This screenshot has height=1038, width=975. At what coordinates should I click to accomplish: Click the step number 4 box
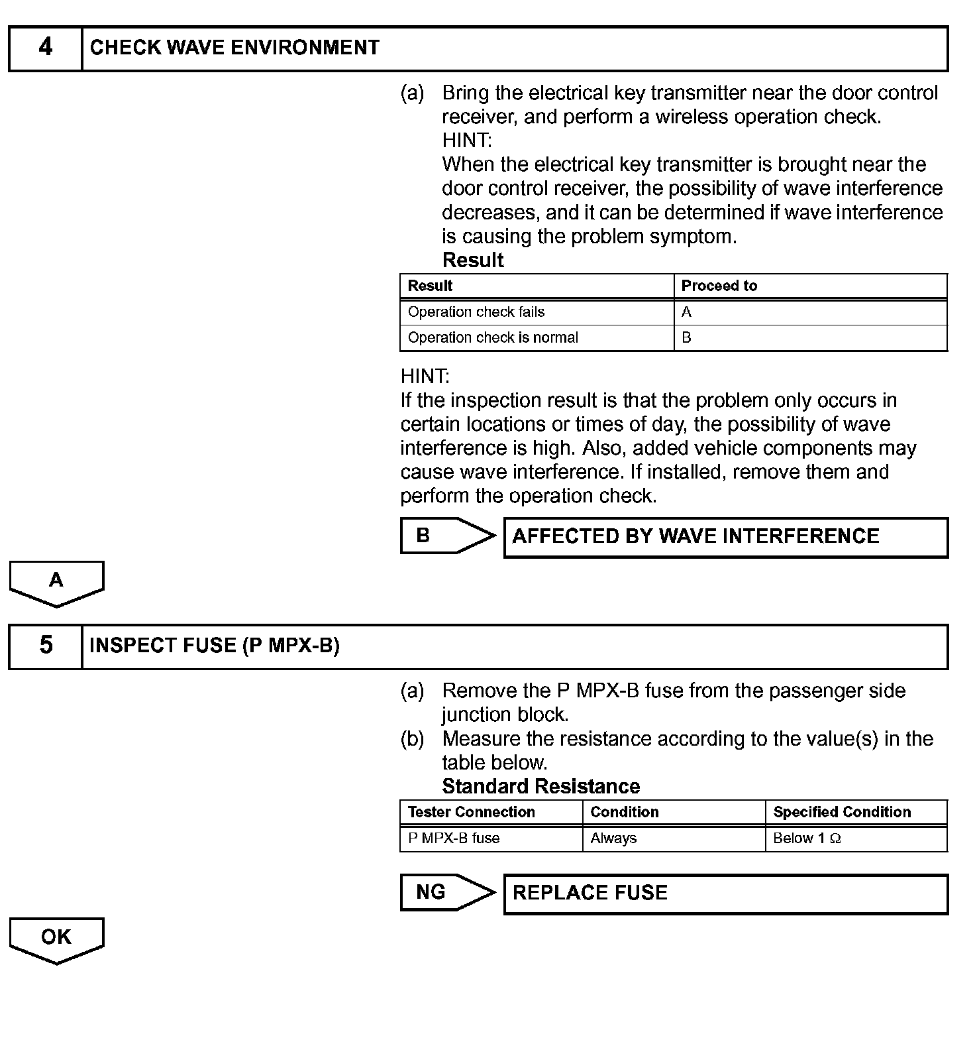point(45,48)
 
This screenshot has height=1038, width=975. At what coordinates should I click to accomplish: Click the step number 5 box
point(45,646)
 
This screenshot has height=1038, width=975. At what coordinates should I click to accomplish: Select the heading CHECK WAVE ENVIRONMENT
point(234,48)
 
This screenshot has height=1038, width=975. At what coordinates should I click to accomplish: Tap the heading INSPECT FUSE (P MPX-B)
point(215,646)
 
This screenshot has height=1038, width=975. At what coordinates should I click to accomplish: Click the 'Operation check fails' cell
point(476,312)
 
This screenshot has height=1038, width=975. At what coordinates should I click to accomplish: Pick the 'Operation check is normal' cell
point(493,338)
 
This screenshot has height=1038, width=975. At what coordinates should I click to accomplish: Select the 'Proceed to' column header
point(719,286)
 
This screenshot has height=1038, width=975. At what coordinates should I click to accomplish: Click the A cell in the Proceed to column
point(687,312)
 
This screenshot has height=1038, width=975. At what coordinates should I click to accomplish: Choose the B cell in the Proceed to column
point(687,338)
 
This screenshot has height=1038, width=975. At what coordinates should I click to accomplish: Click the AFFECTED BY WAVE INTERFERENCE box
point(725,537)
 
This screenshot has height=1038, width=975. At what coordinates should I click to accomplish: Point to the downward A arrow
point(56,583)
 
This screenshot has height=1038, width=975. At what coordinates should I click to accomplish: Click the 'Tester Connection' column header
point(472,813)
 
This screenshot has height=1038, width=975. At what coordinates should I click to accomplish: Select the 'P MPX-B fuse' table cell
point(454,838)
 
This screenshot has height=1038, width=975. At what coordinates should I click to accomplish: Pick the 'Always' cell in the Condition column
point(613,838)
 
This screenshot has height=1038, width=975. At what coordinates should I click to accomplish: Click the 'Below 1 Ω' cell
point(807,838)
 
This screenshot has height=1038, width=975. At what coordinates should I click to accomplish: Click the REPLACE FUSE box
point(725,894)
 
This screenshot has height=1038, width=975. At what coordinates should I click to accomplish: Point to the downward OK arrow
point(56,939)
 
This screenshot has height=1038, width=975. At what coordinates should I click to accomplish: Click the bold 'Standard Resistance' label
point(540,787)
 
